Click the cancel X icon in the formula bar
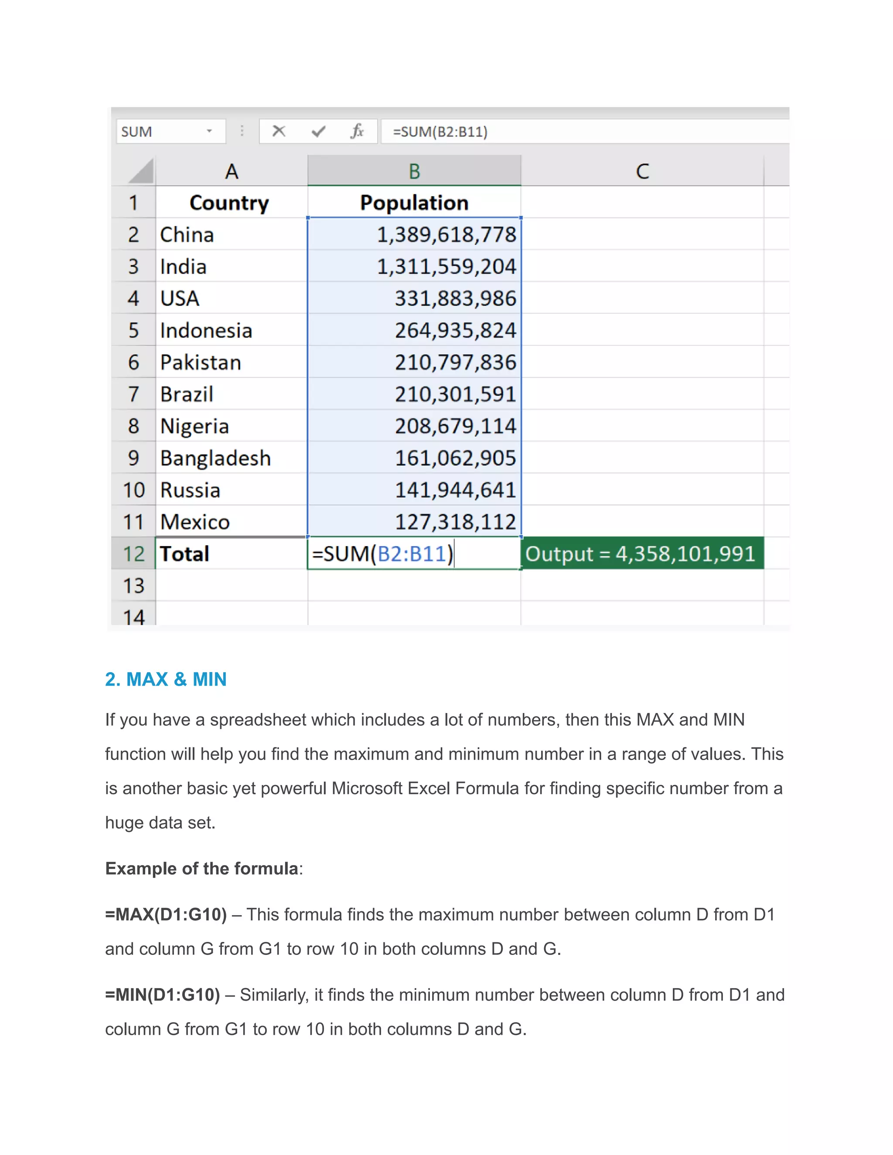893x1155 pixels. pyautogui.click(x=279, y=131)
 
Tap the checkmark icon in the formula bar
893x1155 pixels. pyautogui.click(x=318, y=131)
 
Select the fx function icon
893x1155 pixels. pyautogui.click(x=358, y=131)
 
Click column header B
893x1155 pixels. pyautogui.click(x=414, y=171)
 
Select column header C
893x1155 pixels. pyautogui.click(x=642, y=171)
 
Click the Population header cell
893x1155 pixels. pyautogui.click(x=414, y=203)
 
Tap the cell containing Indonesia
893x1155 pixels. pyautogui.click(x=206, y=330)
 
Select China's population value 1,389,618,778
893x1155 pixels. pyautogui.click(x=446, y=235)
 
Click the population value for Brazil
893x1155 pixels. pyautogui.click(x=455, y=394)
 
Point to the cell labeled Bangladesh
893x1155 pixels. pyautogui.click(x=215, y=458)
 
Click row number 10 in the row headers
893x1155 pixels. pyautogui.click(x=133, y=490)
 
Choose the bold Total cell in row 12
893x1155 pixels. pyautogui.click(x=184, y=554)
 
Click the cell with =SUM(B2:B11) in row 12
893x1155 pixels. pyautogui.click(x=383, y=554)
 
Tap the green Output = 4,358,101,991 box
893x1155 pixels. pyautogui.click(x=641, y=554)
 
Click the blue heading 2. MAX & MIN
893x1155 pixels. pyautogui.click(x=166, y=679)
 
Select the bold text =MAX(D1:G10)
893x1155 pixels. pyautogui.click(x=166, y=914)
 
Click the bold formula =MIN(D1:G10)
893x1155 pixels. pyautogui.click(x=162, y=995)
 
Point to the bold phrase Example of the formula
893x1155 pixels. pyautogui.click(x=202, y=868)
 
